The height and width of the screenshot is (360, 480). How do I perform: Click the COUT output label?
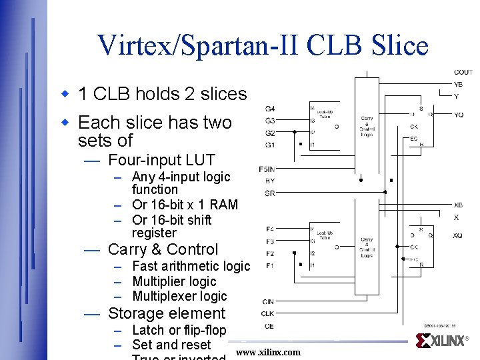click(463, 72)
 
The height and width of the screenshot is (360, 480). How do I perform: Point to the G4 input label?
click(269, 109)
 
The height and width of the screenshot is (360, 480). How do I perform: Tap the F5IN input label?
click(267, 169)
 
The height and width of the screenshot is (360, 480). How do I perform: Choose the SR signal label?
click(269, 193)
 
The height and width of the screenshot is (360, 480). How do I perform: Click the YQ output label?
click(459, 115)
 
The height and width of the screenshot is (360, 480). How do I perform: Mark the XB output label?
click(458, 205)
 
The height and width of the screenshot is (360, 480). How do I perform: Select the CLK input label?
click(267, 313)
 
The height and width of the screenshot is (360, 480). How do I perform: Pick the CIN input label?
click(268, 301)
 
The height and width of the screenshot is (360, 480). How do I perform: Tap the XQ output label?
click(458, 235)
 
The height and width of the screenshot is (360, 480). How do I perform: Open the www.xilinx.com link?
click(269, 352)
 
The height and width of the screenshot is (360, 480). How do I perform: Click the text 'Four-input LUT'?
click(161, 160)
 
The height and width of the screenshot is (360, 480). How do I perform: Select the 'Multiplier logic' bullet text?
click(174, 281)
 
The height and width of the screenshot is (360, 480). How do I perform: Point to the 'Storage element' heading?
click(167, 313)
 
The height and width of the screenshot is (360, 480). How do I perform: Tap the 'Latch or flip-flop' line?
click(179, 330)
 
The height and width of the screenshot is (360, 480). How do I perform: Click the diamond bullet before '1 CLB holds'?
click(66, 94)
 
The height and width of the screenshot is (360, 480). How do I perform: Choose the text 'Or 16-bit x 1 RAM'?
click(185, 204)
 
